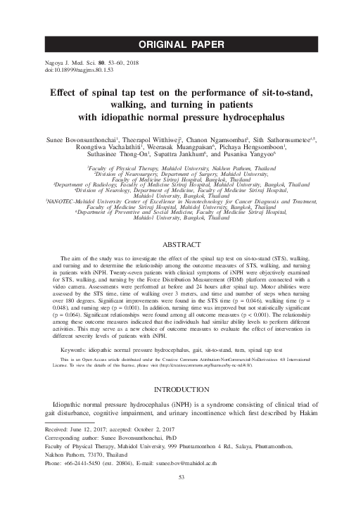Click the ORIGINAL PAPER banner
point(181,46)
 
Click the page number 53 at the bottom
point(181,498)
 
